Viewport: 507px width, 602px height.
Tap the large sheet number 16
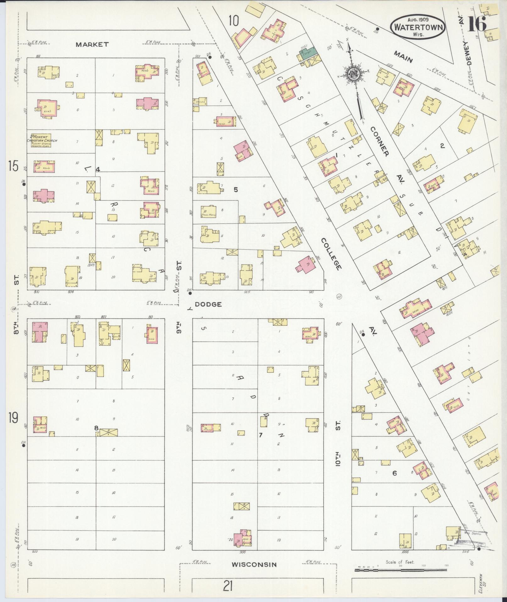tap(477, 24)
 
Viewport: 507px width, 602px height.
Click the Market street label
tap(92, 44)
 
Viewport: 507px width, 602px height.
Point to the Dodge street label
tap(208, 304)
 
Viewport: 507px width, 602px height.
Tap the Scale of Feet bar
tap(401, 569)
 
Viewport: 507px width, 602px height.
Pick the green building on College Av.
tap(307, 53)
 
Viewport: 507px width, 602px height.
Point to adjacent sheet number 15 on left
tap(13, 166)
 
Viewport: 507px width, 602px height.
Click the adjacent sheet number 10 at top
tap(233, 21)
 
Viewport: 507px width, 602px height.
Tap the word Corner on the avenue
tap(380, 141)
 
